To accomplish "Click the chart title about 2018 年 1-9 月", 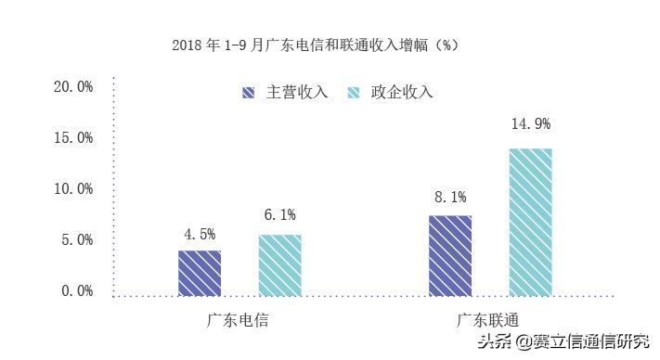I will [317, 45].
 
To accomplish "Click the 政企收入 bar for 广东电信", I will [279, 265].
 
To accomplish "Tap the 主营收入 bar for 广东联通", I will [450, 255].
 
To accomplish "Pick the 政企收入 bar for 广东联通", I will [530, 222].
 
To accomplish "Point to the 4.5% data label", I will [200, 233].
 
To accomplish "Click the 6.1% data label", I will [279, 215].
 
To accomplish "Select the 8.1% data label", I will [450, 197].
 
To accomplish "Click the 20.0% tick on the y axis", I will [73, 87].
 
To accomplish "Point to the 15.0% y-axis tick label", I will [73, 138].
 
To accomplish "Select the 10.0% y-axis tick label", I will [73, 189].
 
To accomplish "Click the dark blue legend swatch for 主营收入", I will [249, 93].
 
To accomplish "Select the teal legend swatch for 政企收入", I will [354, 93].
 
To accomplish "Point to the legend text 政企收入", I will [402, 93].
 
